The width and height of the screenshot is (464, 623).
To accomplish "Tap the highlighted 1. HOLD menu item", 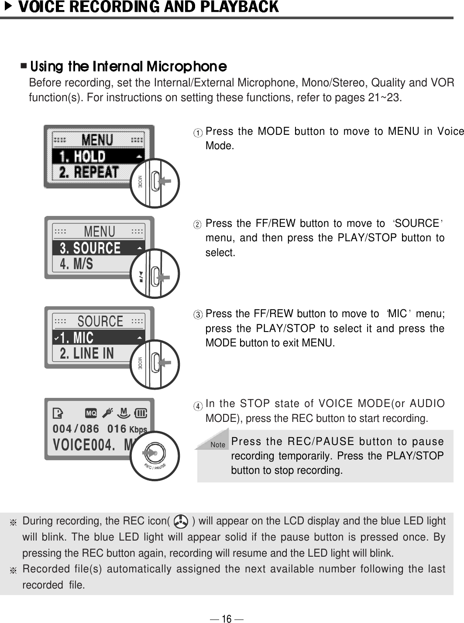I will point(83,156).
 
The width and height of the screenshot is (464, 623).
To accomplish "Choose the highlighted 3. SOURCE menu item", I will point(90,248).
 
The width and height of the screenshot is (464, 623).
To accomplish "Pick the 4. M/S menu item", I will point(77,264).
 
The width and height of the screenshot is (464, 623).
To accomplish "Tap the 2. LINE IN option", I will point(87,353).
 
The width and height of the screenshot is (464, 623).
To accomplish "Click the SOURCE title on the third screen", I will point(100,321).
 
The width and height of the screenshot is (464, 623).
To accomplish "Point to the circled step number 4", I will point(199,406).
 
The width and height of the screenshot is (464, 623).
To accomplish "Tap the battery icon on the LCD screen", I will point(141,412).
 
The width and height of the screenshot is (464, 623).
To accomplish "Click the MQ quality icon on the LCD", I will point(91,413).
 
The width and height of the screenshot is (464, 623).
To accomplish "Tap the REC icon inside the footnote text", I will point(180,521).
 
